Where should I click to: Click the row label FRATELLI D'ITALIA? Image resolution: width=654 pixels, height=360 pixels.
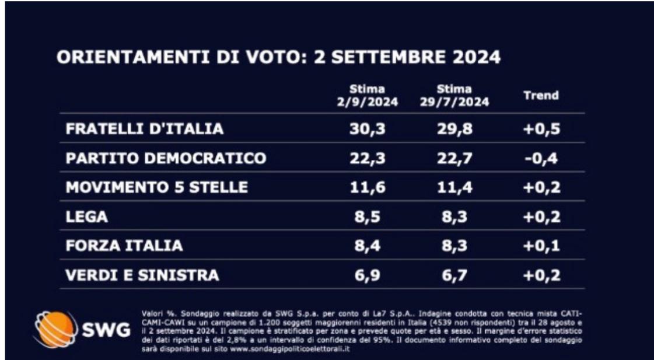(x=144, y=129)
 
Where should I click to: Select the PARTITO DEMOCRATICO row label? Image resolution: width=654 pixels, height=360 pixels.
(x=166, y=158)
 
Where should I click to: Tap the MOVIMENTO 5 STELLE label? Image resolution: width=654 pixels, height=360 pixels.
(x=156, y=187)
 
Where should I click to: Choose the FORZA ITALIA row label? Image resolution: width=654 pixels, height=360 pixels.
(x=124, y=246)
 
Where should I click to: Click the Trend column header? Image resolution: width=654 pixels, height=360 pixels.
(x=541, y=96)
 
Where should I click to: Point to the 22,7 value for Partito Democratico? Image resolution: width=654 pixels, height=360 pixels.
(x=454, y=158)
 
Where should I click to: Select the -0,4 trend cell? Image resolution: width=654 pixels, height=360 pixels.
(x=541, y=158)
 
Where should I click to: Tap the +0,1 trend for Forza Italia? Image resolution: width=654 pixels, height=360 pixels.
(x=541, y=246)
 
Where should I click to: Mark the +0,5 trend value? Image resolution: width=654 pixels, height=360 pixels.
(x=541, y=129)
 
